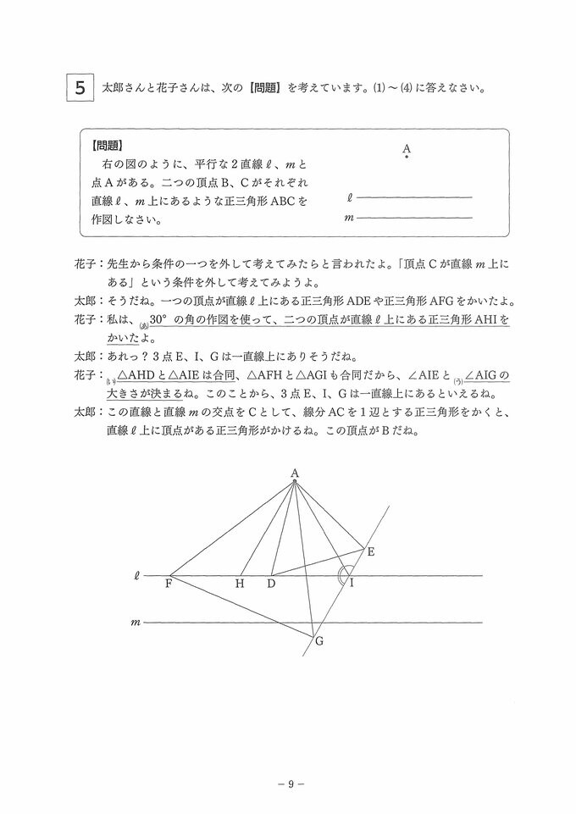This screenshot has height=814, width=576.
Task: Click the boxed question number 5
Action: click(x=80, y=86)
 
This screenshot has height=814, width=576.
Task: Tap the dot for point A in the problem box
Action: click(x=407, y=157)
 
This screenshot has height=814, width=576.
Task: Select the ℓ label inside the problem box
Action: click(x=350, y=198)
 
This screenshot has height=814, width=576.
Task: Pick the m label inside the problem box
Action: click(x=349, y=218)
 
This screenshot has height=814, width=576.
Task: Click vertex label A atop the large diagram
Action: click(x=294, y=473)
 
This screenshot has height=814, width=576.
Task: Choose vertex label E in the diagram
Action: click(x=370, y=551)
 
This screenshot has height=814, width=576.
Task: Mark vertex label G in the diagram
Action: click(x=319, y=641)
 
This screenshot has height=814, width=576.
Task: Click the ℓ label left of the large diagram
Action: click(x=136, y=576)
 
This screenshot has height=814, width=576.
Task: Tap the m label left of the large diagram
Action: click(x=135, y=623)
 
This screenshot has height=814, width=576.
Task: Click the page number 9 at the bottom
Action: click(x=290, y=784)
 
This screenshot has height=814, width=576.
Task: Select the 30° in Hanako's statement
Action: click(x=161, y=322)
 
